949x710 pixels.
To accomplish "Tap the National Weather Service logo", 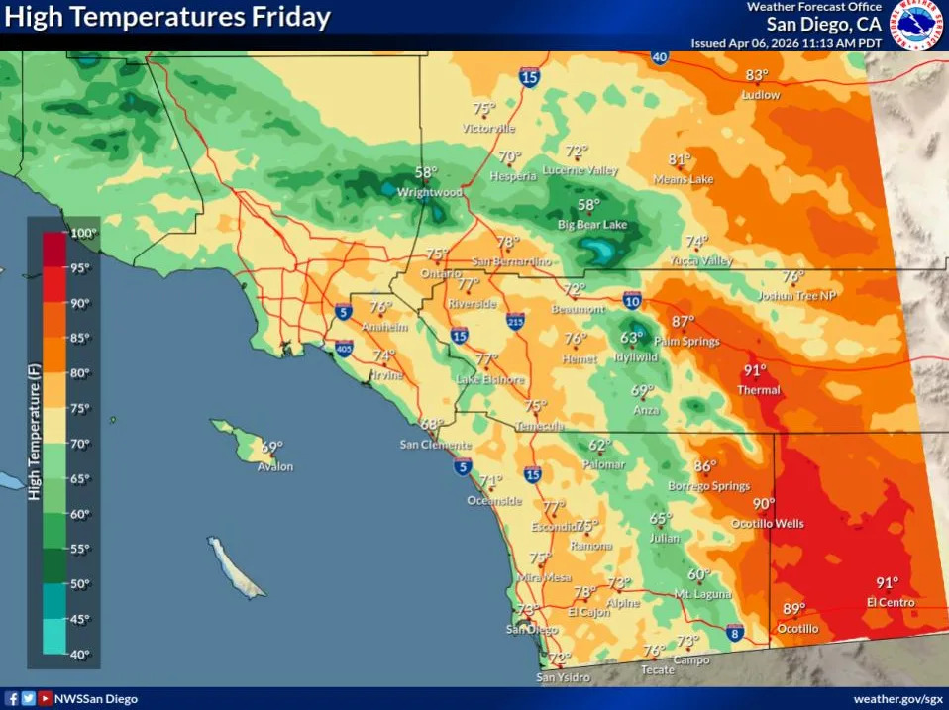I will [918, 25].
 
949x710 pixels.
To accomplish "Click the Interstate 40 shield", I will [660, 57].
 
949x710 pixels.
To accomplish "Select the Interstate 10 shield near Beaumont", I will [632, 300].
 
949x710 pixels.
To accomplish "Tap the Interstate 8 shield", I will [733, 632].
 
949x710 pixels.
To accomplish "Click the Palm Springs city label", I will [686, 342].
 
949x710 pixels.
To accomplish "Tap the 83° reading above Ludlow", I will [758, 75].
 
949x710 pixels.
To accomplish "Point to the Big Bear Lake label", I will [592, 226].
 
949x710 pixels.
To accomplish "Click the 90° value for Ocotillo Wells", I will [763, 504].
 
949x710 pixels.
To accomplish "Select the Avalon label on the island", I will [274, 466].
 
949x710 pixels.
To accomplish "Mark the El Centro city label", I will [890, 602].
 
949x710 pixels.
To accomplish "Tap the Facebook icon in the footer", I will [12, 699].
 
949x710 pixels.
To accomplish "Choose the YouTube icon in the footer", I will [45, 699].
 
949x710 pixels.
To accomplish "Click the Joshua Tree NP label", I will [796, 295].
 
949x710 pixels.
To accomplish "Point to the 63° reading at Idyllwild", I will [632, 337].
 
